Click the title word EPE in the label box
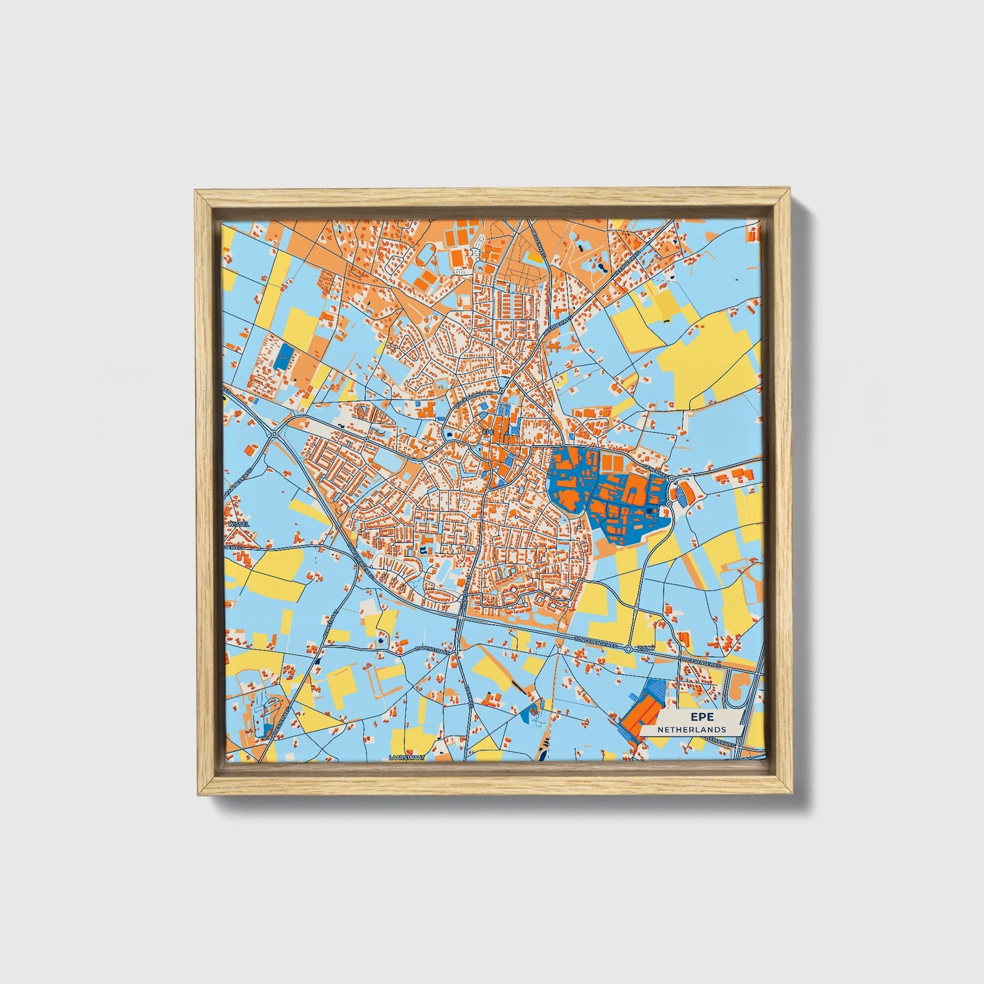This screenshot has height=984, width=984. point(699,717)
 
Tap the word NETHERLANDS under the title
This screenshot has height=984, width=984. point(691,729)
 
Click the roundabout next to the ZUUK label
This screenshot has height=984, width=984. point(629,650)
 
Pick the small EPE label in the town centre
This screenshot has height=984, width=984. point(487,432)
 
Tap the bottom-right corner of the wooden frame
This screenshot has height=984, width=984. point(791,794)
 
